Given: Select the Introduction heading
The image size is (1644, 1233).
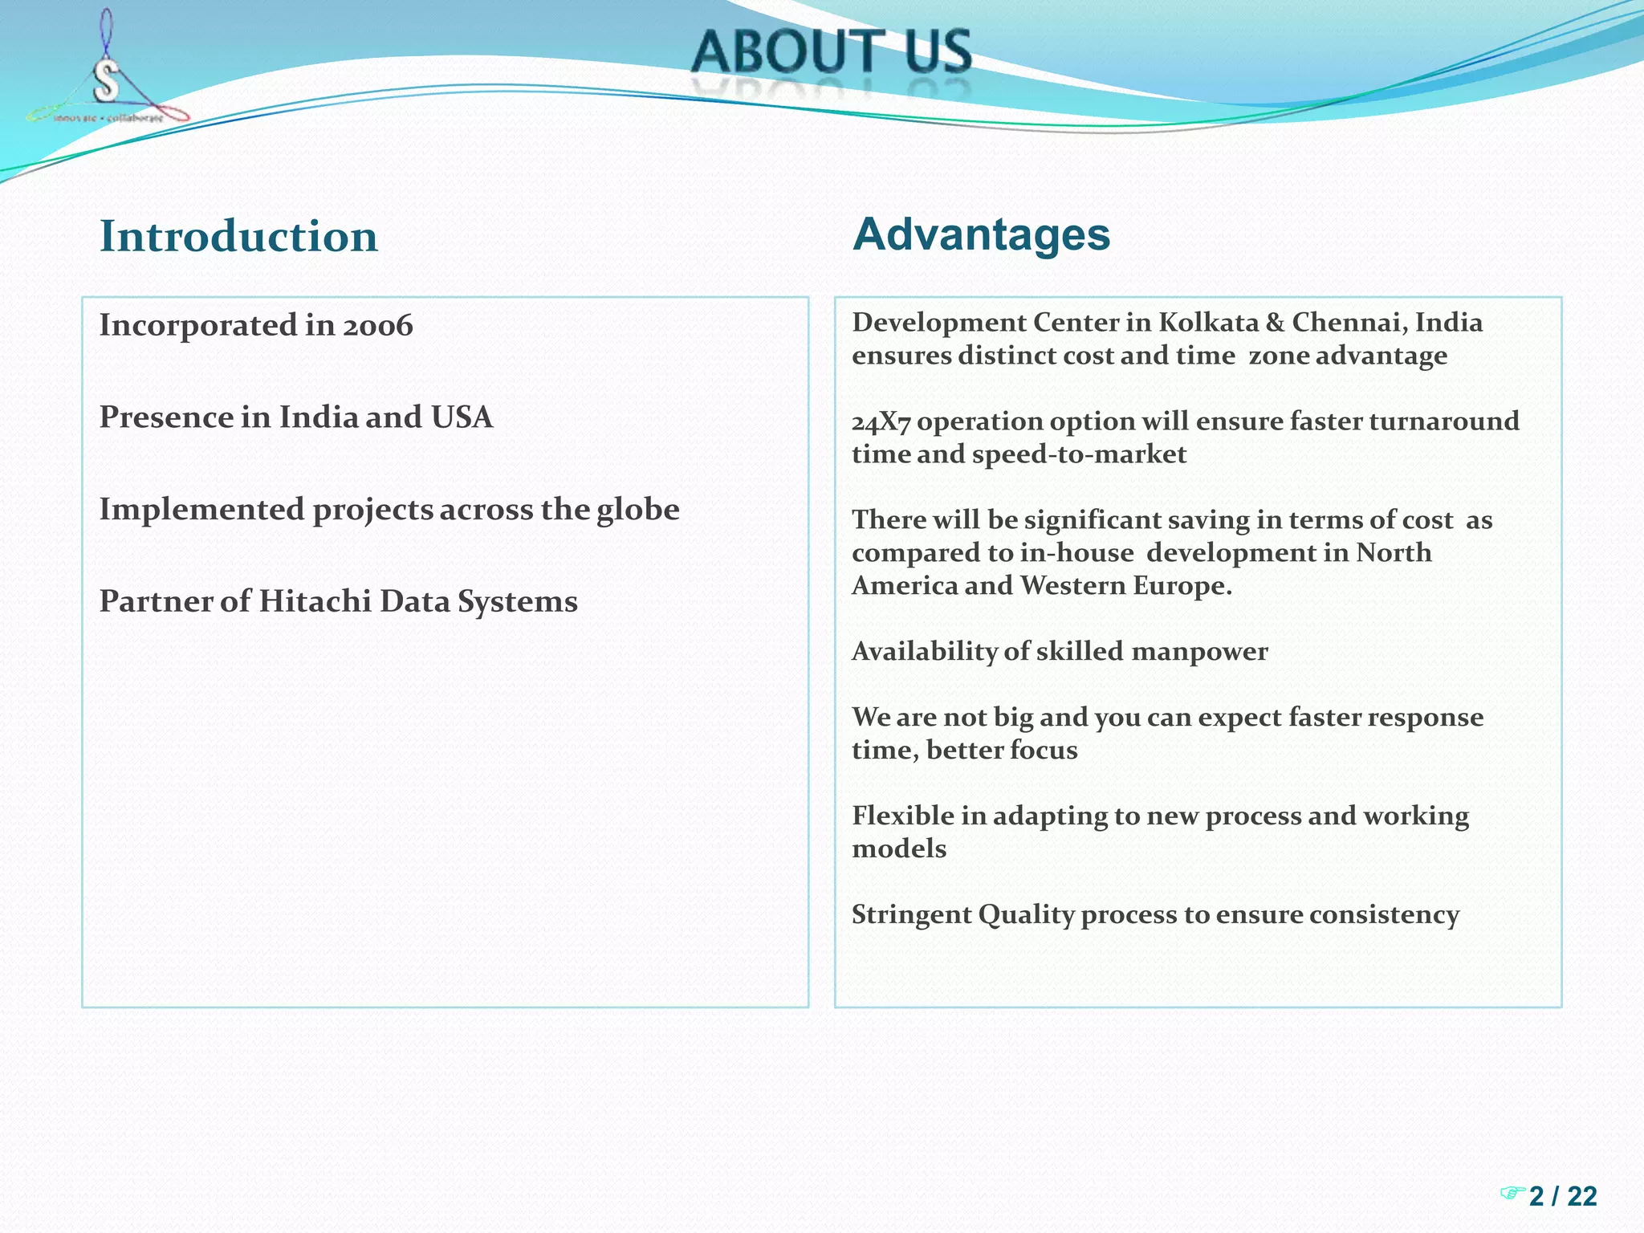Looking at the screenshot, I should (x=238, y=237).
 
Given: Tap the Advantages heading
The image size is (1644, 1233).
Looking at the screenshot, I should (x=981, y=234).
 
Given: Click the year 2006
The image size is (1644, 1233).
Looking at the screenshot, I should (x=377, y=326).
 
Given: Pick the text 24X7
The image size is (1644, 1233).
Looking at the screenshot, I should (x=881, y=422).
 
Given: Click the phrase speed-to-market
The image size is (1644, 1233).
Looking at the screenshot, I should (x=1079, y=455).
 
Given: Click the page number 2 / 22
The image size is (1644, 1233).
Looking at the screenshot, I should (x=1562, y=1196).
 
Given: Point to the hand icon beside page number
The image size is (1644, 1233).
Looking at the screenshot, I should (x=1512, y=1193).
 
